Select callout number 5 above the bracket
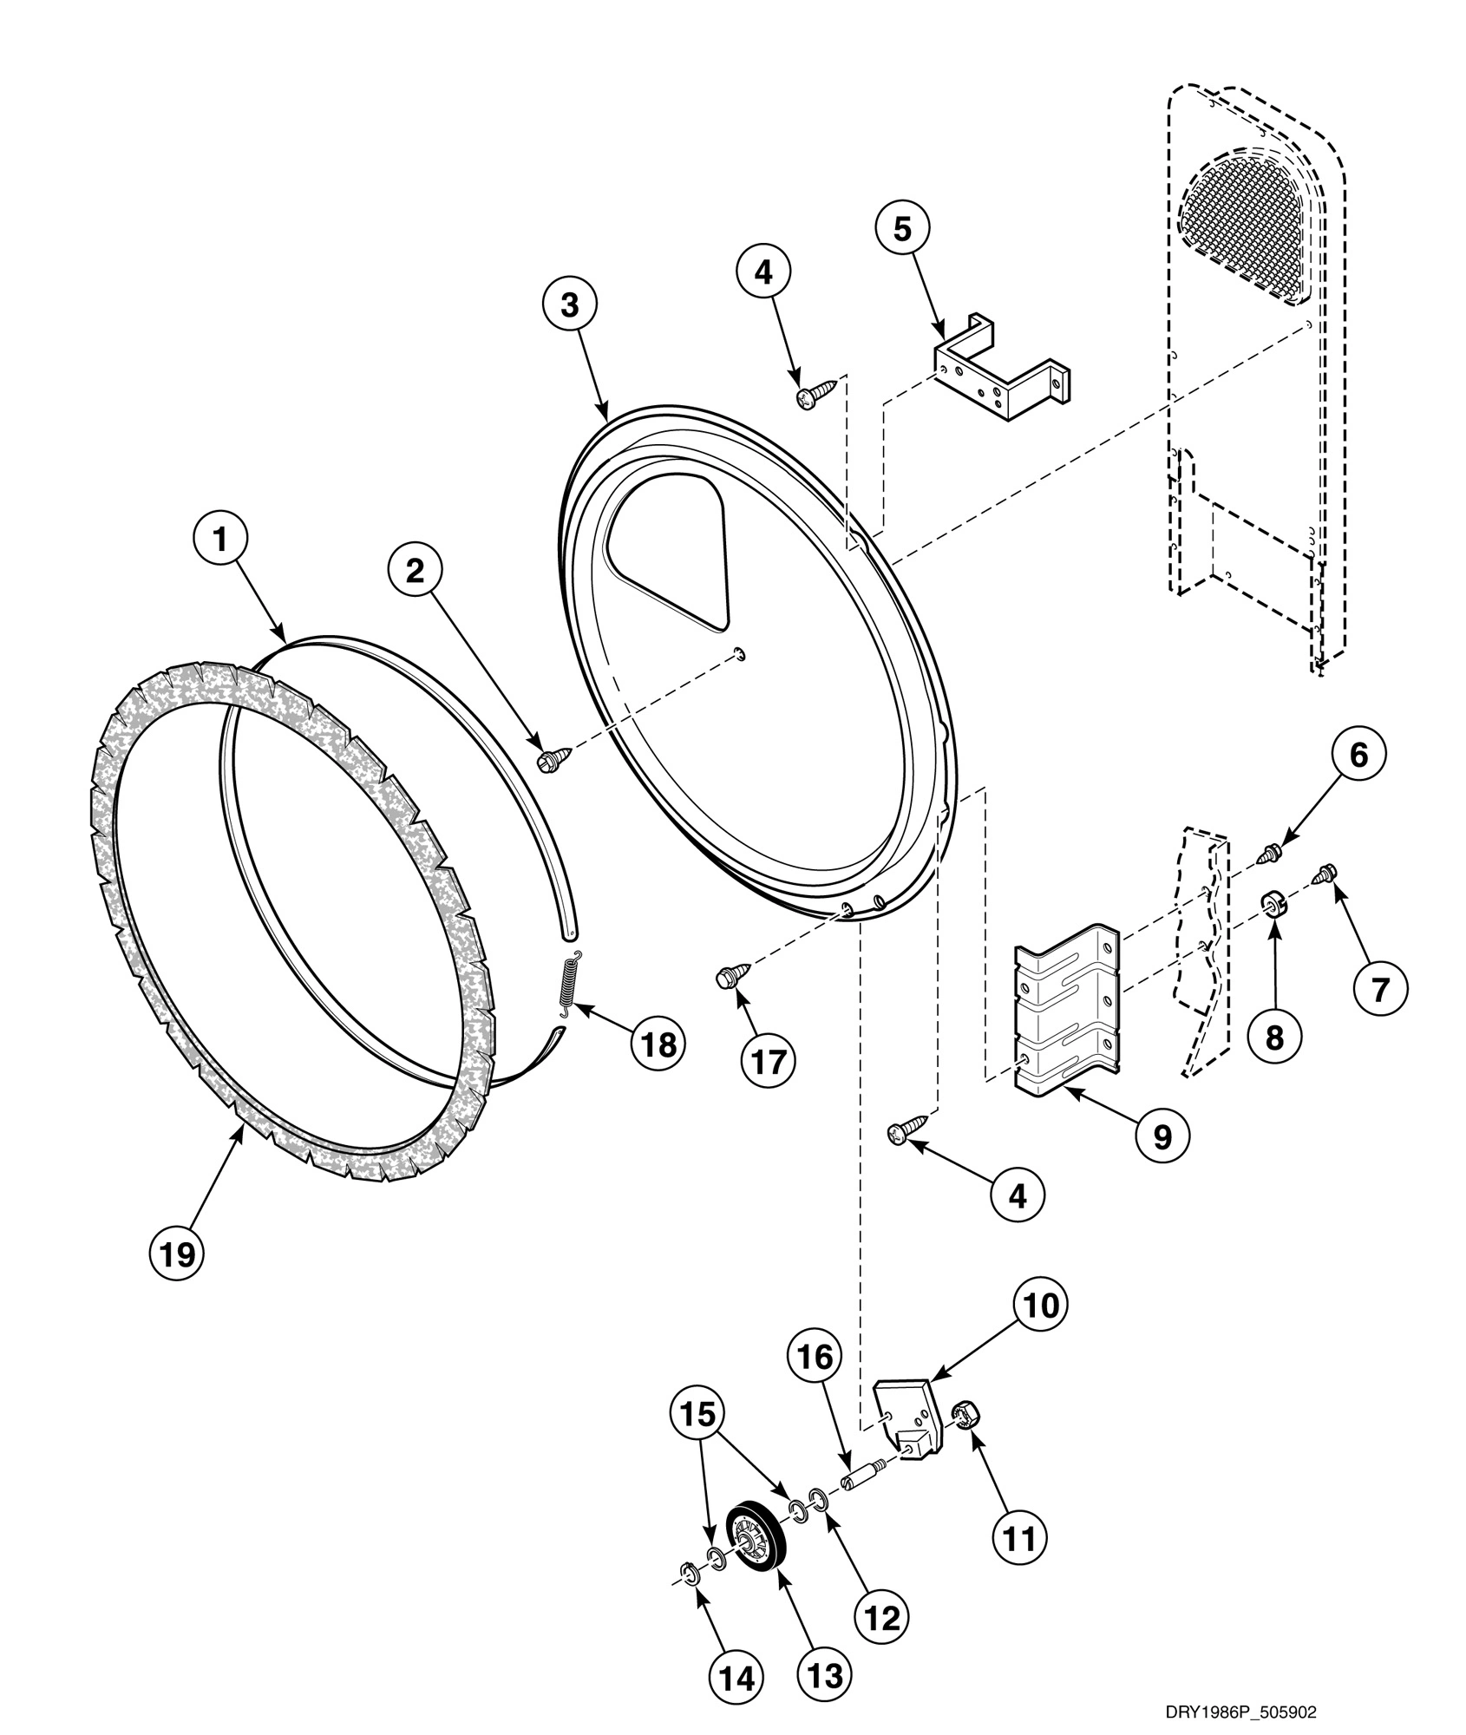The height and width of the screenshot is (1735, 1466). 902,230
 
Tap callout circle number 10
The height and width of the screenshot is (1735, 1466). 1043,1328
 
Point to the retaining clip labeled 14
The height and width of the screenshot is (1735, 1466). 688,1572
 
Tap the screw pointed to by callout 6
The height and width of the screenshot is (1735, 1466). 1268,856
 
